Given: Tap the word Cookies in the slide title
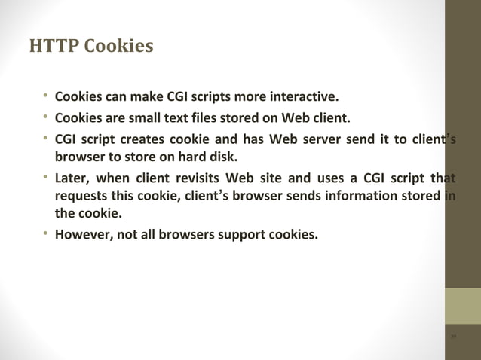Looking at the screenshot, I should pyautogui.click(x=118, y=47).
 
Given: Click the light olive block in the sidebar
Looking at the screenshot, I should pyautogui.click(x=462, y=307).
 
